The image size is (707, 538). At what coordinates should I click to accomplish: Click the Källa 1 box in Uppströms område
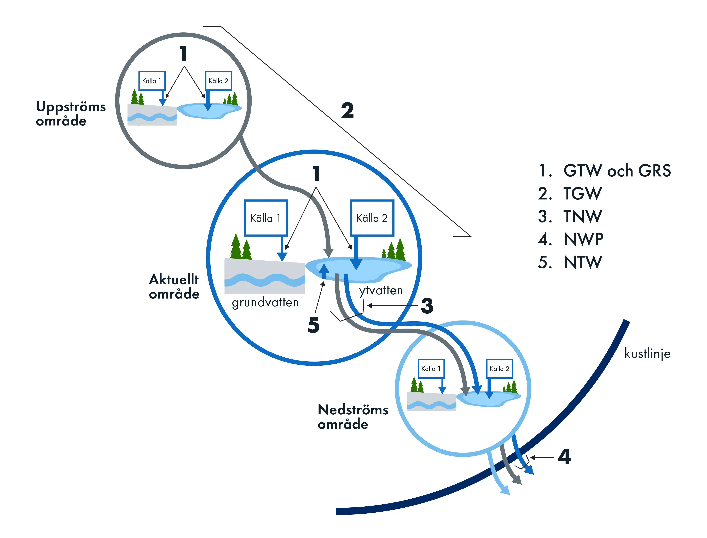(152, 81)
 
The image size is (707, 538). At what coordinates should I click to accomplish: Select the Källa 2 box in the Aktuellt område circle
(372, 218)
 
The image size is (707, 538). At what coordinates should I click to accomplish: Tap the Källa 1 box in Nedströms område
(431, 369)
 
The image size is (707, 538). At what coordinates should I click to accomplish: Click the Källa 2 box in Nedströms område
(499, 369)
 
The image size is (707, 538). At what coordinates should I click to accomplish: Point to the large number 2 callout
(347, 111)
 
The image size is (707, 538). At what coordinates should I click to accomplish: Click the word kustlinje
(647, 353)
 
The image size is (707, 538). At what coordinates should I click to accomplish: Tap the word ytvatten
(381, 290)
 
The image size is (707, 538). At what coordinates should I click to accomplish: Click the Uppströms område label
(70, 114)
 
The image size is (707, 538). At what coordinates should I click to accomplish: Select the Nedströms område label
(353, 417)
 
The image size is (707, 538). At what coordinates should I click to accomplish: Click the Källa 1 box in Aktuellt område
(266, 218)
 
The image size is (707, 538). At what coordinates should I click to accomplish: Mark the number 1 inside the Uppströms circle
(183, 54)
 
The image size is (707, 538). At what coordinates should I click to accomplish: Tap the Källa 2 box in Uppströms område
(218, 81)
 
